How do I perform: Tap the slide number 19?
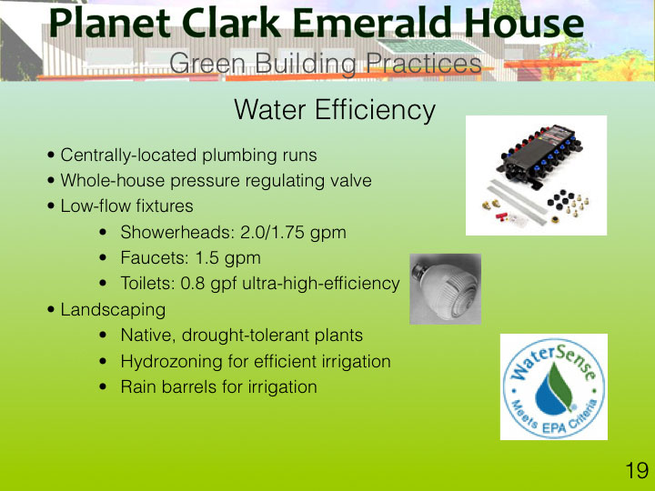pos(637,471)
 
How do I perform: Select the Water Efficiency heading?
pos(335,110)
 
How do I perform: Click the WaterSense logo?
pos(554,386)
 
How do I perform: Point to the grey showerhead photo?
pos(445,289)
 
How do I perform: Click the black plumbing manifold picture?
pos(537,175)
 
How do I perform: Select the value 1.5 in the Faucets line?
pos(207,257)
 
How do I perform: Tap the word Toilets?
pos(147,283)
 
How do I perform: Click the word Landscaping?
pos(113,310)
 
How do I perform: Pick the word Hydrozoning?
pos(172,362)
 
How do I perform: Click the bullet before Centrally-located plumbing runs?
pos(51,155)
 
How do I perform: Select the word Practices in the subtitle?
pos(424,64)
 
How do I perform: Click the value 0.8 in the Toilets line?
pos(193,283)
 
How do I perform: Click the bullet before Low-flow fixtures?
pos(51,206)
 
